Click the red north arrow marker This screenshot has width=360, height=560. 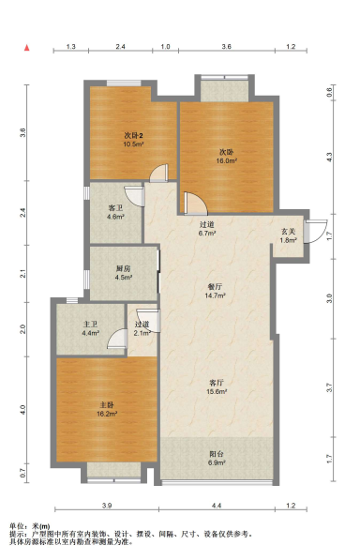point(27,48)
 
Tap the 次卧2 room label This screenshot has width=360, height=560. point(133,136)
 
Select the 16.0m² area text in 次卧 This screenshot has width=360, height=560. point(227,160)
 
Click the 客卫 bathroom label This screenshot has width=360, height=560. point(115,208)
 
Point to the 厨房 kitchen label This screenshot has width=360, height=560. point(123,268)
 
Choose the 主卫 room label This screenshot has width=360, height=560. point(90,325)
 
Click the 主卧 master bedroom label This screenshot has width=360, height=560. point(107,405)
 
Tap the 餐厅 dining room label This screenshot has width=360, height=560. point(215,287)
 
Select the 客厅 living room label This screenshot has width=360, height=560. point(217,383)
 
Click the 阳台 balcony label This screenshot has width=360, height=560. point(217,454)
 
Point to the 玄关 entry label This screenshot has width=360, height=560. point(289,232)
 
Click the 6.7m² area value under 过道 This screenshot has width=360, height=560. point(207,234)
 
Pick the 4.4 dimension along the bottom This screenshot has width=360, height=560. point(217,506)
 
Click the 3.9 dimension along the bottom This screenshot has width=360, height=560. point(107,506)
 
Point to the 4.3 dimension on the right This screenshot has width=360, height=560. point(329,157)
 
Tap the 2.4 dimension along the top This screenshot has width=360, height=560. point(121,46)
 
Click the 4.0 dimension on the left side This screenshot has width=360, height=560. point(22,410)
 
